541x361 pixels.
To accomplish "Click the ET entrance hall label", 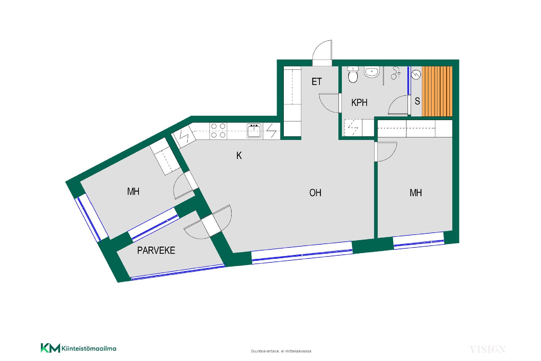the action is click(317, 82).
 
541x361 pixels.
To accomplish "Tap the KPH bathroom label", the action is click(359, 103).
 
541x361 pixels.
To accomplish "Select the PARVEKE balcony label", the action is click(156, 250).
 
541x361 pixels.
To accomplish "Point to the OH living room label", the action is click(315, 193).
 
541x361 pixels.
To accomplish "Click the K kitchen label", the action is click(239, 156).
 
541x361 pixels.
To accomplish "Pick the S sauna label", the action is click(417, 101).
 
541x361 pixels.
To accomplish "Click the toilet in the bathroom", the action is click(353, 74).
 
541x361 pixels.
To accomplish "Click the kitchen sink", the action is click(254, 131).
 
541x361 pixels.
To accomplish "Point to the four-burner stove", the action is click(218, 130).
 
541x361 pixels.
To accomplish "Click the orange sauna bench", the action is click(437, 91).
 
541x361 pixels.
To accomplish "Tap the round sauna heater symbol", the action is click(416, 74).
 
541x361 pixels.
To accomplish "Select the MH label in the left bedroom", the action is click(133, 192).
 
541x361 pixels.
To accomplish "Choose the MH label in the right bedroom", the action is click(416, 193).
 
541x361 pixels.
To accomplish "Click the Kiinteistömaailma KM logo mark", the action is click(50, 348).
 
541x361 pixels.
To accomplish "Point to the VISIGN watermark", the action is click(488, 350).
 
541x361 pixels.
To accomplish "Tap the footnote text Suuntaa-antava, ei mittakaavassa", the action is click(281, 351).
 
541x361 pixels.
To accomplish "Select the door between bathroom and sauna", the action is click(399, 105).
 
